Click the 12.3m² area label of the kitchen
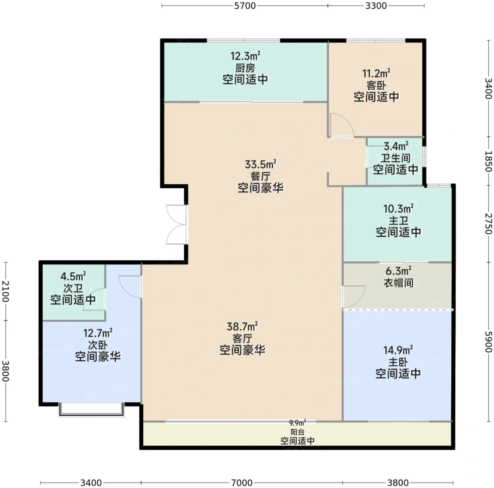coord(245,55)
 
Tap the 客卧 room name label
coord(376,85)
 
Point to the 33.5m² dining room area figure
coord(260,164)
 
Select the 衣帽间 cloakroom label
coord(398,283)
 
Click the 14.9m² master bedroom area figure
coord(398,350)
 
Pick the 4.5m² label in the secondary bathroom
coord(73,276)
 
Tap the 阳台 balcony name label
coord(297,432)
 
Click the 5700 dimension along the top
coord(245,6)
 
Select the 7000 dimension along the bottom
coord(242,483)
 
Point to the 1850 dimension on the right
coord(488,161)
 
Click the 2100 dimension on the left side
coord(5,291)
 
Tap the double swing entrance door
coord(177,225)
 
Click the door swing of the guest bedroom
coord(342,125)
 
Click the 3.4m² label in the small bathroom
coord(396,146)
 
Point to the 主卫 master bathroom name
coord(398,220)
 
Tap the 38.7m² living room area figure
coord(242,327)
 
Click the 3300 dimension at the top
coord(376,6)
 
